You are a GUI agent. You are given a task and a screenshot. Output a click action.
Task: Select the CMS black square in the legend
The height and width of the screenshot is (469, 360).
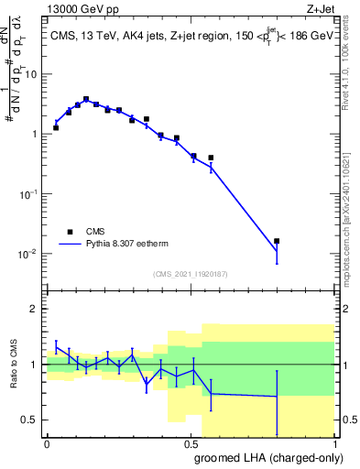69,232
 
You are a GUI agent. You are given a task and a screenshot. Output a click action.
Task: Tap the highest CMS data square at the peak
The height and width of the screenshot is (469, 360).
86,99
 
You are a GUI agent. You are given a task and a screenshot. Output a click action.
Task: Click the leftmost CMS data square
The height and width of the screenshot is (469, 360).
56,127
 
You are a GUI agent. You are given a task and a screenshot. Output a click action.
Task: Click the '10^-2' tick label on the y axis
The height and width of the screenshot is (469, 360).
27,254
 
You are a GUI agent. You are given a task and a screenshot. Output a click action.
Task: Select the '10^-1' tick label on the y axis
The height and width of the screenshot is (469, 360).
27,194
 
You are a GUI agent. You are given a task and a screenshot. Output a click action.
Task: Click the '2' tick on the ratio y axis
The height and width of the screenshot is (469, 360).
35,309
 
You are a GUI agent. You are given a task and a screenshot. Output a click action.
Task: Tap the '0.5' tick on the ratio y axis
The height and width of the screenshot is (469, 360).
30,420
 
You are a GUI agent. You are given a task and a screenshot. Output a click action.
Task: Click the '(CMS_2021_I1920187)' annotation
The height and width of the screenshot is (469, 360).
191,274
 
